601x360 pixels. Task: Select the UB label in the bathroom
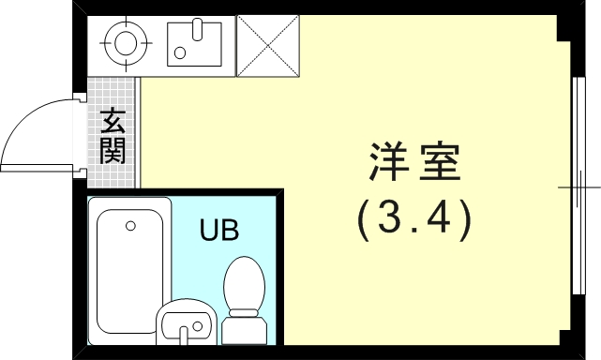(218, 228)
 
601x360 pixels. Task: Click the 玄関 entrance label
(113, 136)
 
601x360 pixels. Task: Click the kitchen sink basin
(198, 41)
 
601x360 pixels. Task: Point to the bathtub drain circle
(130, 225)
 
